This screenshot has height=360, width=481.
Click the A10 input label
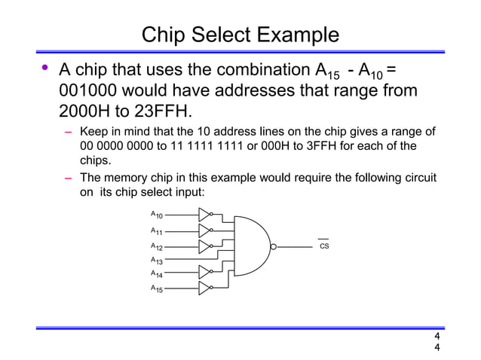point(156,216)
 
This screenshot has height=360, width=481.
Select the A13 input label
point(156,260)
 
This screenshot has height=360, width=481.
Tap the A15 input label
point(156,288)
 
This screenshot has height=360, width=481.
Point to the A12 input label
point(156,246)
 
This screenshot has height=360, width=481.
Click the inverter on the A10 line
point(204,215)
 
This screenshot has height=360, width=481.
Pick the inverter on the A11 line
point(204,230)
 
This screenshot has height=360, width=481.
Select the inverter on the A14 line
point(204,273)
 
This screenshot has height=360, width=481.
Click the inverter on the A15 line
point(204,288)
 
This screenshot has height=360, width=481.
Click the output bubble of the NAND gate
point(274,246)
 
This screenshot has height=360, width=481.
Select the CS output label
point(324,246)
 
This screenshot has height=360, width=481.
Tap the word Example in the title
point(296,35)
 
